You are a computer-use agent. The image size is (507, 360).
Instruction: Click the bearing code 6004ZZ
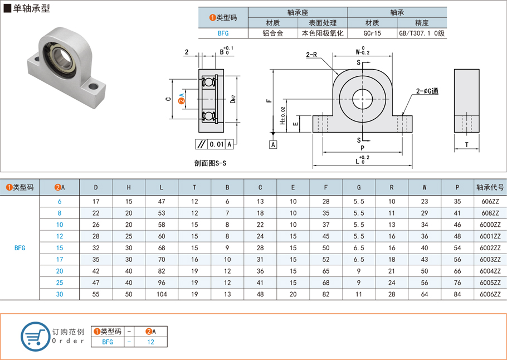coord(490,271)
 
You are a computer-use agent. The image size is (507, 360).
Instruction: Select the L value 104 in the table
coord(162,294)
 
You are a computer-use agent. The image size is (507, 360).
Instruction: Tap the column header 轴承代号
coord(490,187)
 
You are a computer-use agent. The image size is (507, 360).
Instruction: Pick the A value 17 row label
coord(60,259)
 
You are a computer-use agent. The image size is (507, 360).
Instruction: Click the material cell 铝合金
coord(272,33)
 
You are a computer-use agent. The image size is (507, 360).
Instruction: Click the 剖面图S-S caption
coord(211,163)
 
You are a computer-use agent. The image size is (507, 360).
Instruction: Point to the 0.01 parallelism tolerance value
coord(216,144)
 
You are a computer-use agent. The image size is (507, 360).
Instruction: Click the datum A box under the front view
coord(273,145)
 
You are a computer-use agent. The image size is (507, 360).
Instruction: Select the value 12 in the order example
coord(150,342)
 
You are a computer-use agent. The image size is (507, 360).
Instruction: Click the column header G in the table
coord(359,187)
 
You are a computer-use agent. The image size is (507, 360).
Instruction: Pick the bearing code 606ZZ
coord(490,201)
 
